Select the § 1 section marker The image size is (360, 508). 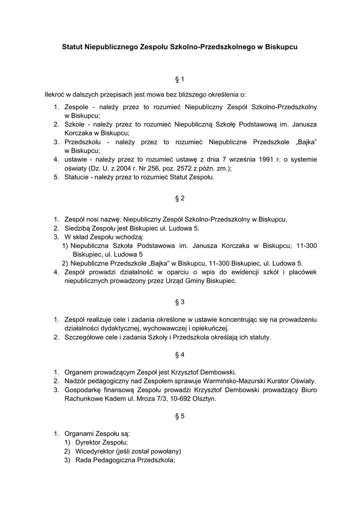(180, 79)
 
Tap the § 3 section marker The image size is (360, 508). (180, 302)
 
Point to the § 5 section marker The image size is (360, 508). (180, 416)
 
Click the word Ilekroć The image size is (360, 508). (55, 94)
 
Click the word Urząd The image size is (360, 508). (184, 281)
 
